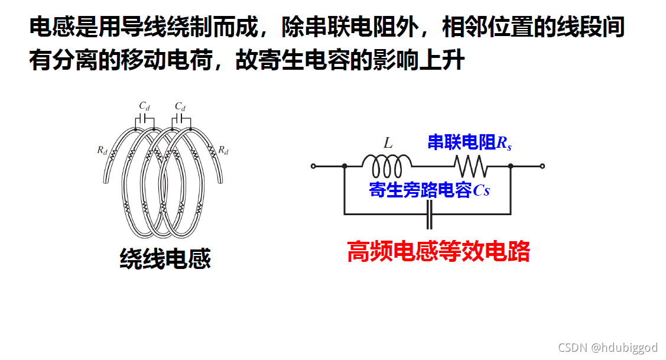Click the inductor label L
point(388,143)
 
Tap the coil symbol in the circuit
point(386,166)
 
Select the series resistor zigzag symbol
point(470,166)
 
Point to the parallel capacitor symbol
point(430,215)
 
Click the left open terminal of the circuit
point(314,167)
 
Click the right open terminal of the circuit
point(542,167)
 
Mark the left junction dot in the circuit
point(344,167)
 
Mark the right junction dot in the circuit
point(511,167)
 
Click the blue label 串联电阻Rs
point(470,142)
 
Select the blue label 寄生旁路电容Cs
point(430,190)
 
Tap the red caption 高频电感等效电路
point(438,252)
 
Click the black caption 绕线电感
point(165,259)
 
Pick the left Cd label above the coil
point(145,106)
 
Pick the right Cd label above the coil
point(180,106)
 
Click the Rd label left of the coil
point(103,150)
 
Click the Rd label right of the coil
point(223,150)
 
